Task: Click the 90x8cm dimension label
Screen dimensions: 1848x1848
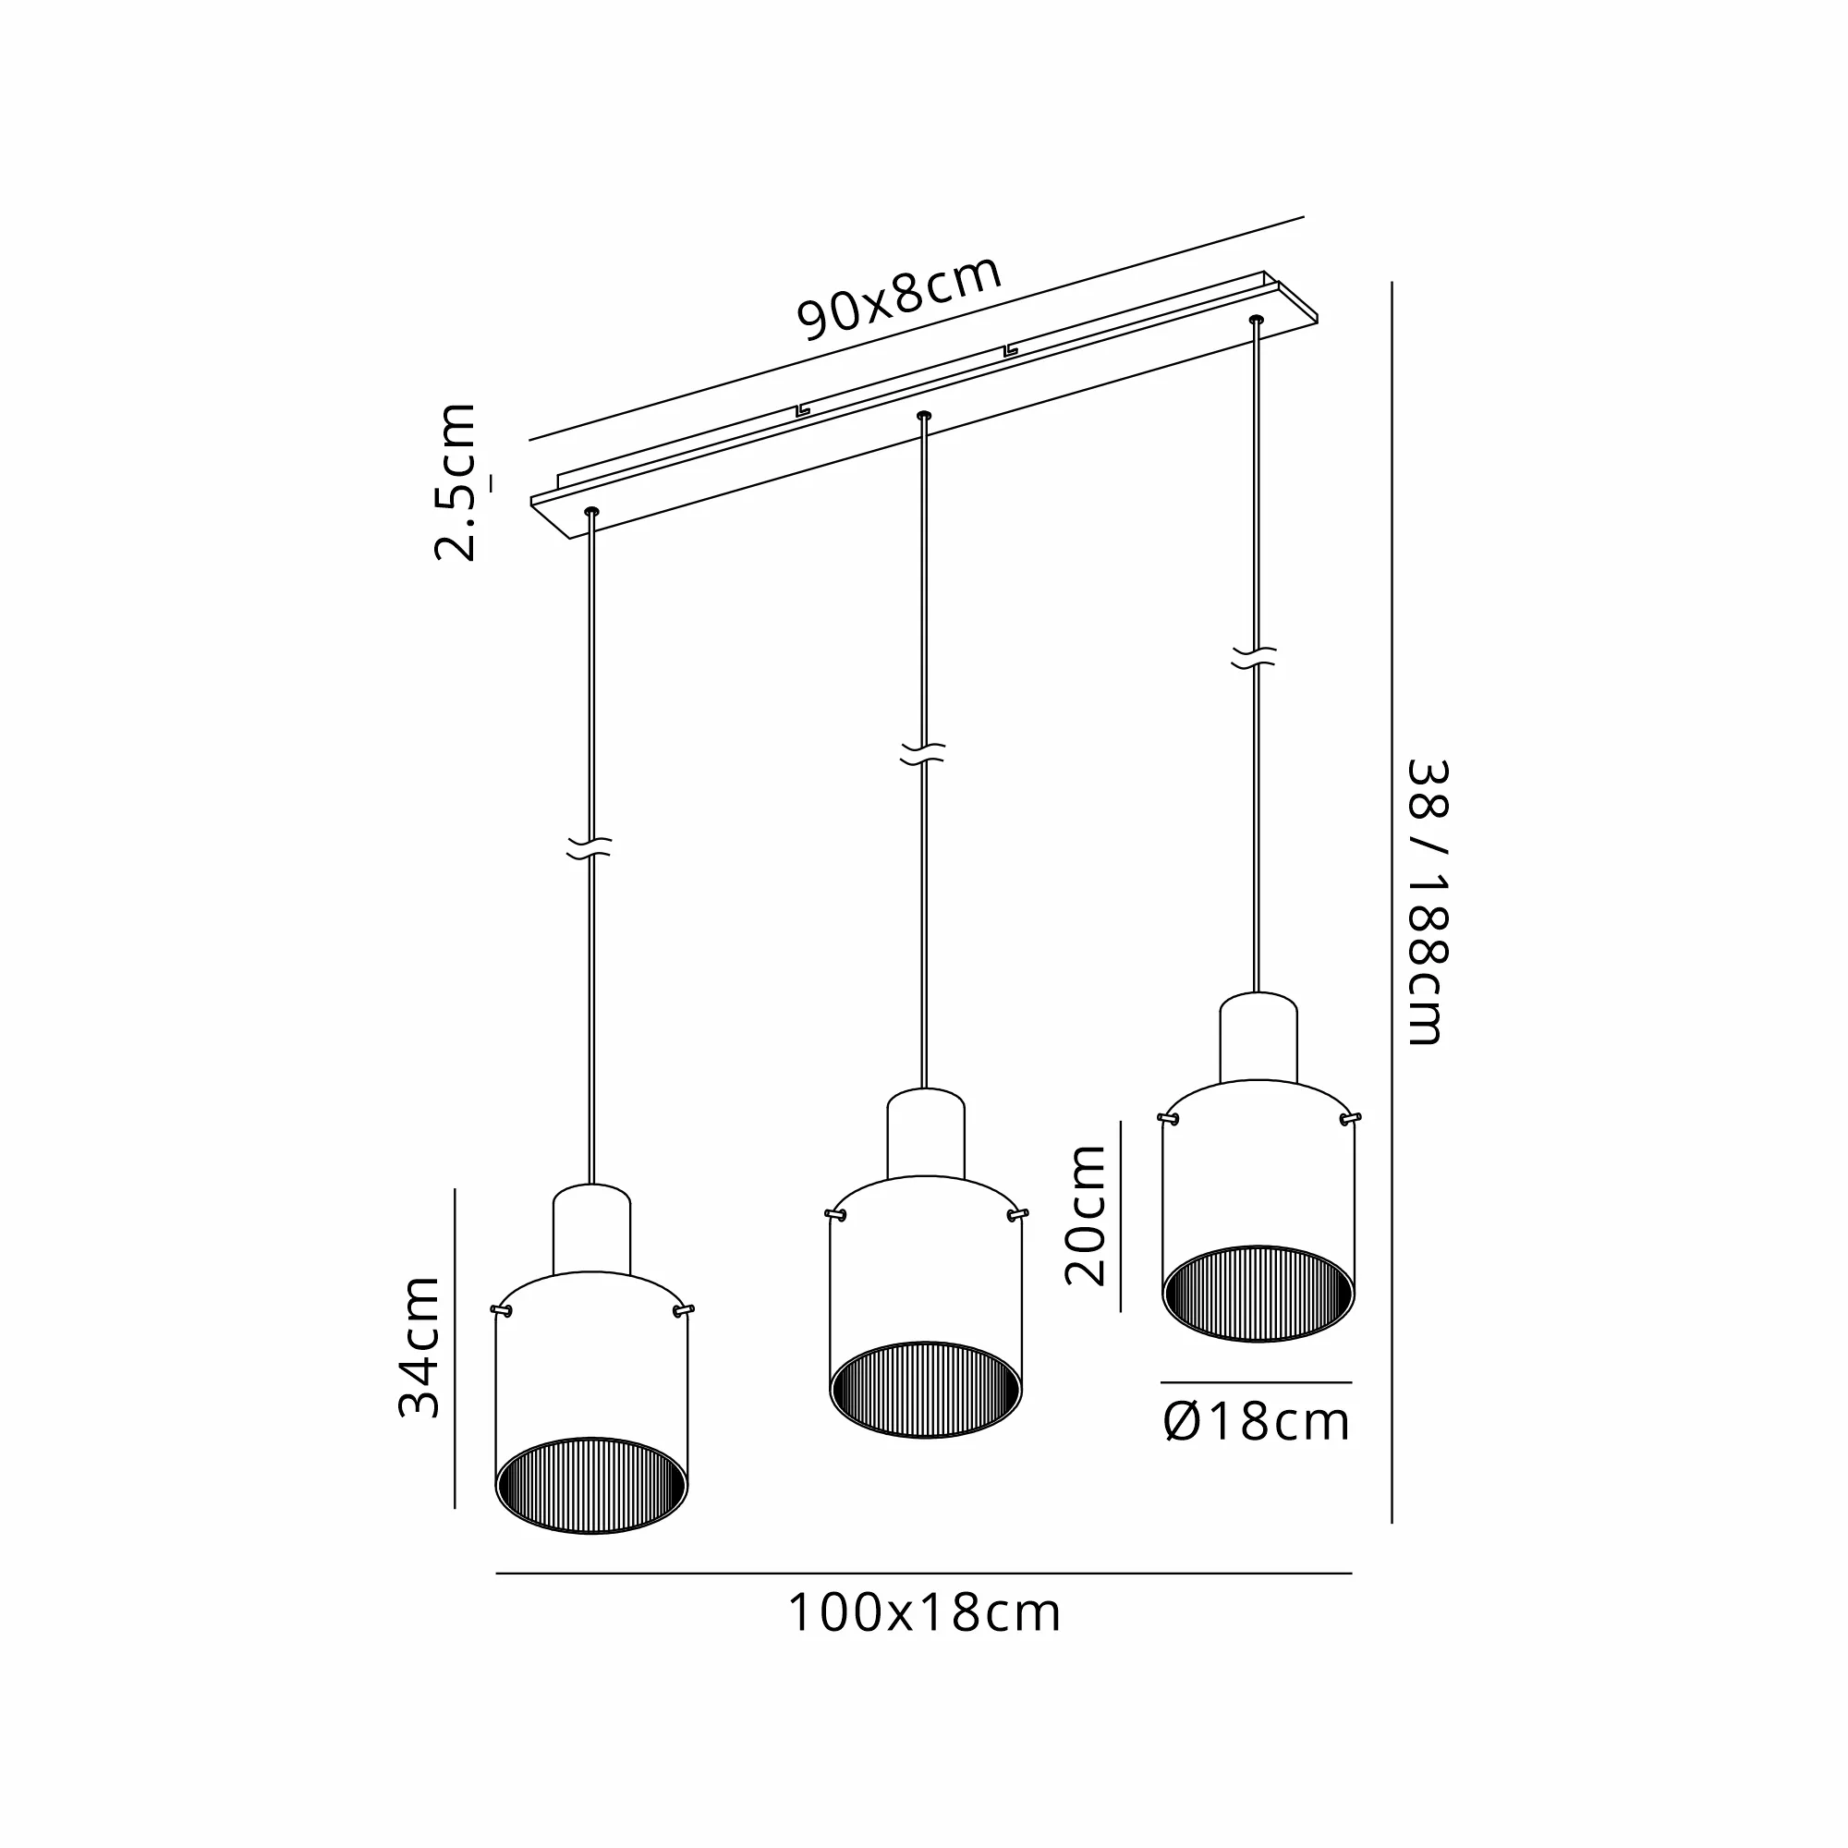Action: [900, 298]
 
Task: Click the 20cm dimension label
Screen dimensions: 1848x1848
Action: [1086, 1216]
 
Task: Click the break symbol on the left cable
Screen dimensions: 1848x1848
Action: [589, 847]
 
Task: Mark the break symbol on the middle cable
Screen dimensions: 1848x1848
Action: [923, 754]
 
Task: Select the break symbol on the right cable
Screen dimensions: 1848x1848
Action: [1254, 656]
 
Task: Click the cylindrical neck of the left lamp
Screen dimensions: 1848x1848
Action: [591, 1231]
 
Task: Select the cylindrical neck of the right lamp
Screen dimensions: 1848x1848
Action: [1258, 1039]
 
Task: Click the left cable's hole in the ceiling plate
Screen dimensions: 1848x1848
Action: [591, 512]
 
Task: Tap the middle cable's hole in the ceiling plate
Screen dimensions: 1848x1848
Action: [923, 415]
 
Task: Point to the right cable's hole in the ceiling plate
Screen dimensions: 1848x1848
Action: [1256, 319]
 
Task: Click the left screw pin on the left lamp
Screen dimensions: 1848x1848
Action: [500, 1309]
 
